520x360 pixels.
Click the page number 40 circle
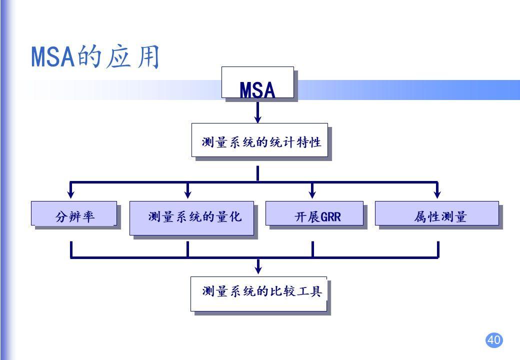point(494,340)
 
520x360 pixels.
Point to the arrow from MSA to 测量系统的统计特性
point(258,111)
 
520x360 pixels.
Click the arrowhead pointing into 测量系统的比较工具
point(258,269)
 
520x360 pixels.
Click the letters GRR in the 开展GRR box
point(330,217)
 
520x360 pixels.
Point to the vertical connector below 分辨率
point(71,249)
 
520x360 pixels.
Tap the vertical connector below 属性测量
point(437,249)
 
